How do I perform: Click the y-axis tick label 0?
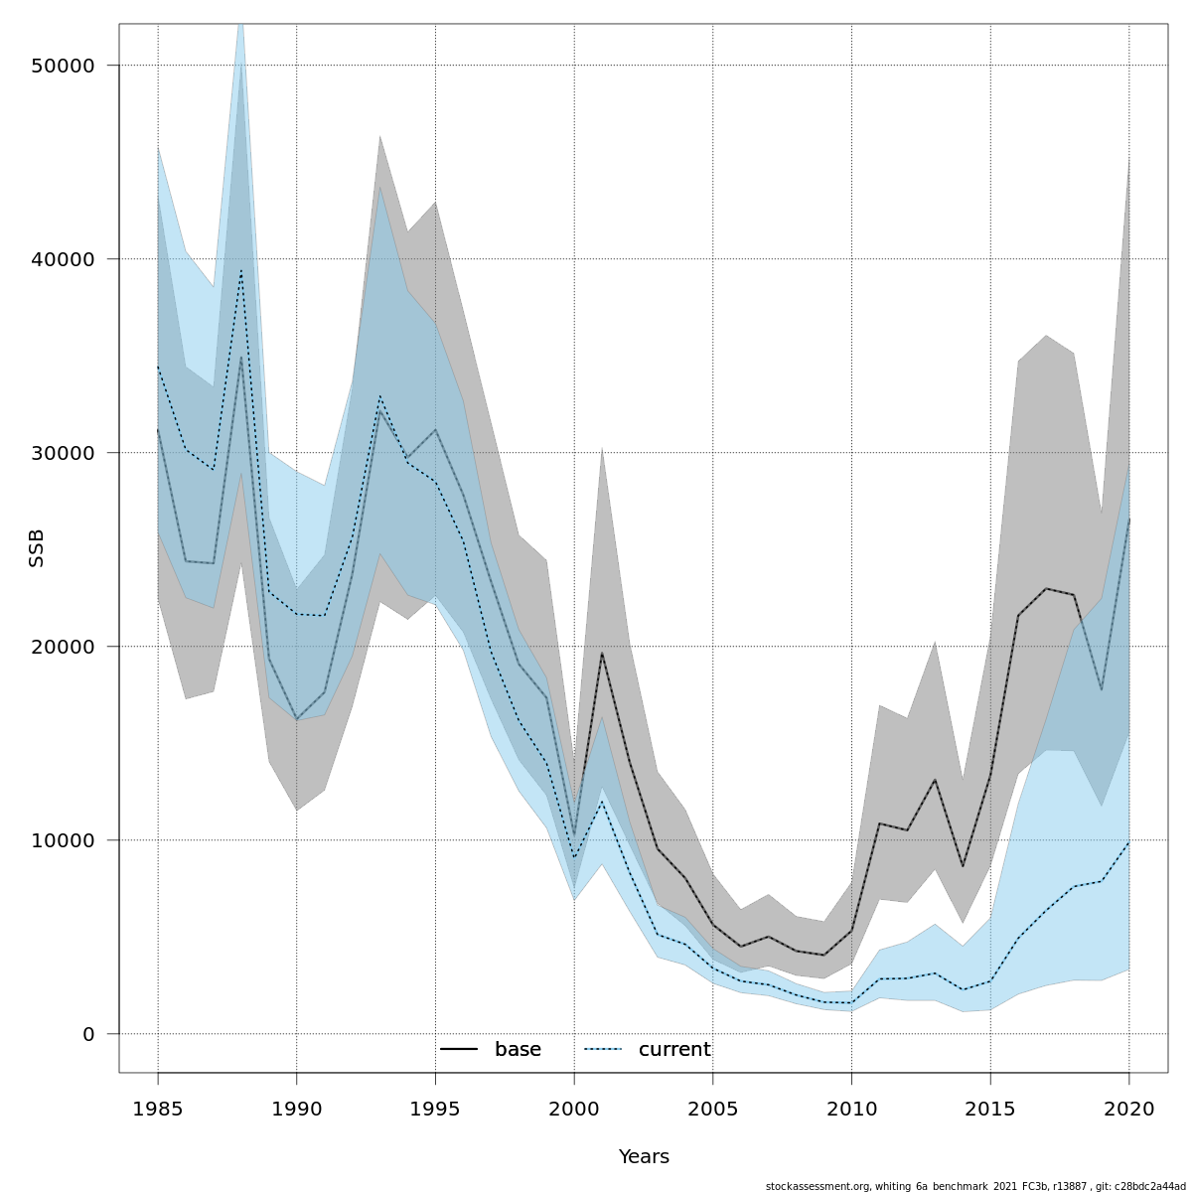pyautogui.click(x=88, y=1034)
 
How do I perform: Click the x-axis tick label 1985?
pyautogui.click(x=158, y=1109)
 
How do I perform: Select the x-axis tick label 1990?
pyautogui.click(x=296, y=1109)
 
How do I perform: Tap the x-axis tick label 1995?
pyautogui.click(x=435, y=1109)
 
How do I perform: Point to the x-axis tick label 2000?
pyautogui.click(x=574, y=1109)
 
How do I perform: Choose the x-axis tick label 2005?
pyautogui.click(x=712, y=1109)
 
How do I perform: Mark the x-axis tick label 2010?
pyautogui.click(x=851, y=1109)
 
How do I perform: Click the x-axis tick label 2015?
pyautogui.click(x=990, y=1109)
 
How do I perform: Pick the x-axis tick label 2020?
pyautogui.click(x=1128, y=1109)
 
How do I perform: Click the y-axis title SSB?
pyautogui.click(x=37, y=548)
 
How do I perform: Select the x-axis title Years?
pyautogui.click(x=644, y=1157)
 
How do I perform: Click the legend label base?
pyautogui.click(x=518, y=1050)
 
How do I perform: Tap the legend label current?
pyautogui.click(x=674, y=1050)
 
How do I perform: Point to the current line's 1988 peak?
pyautogui.click(x=240, y=270)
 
